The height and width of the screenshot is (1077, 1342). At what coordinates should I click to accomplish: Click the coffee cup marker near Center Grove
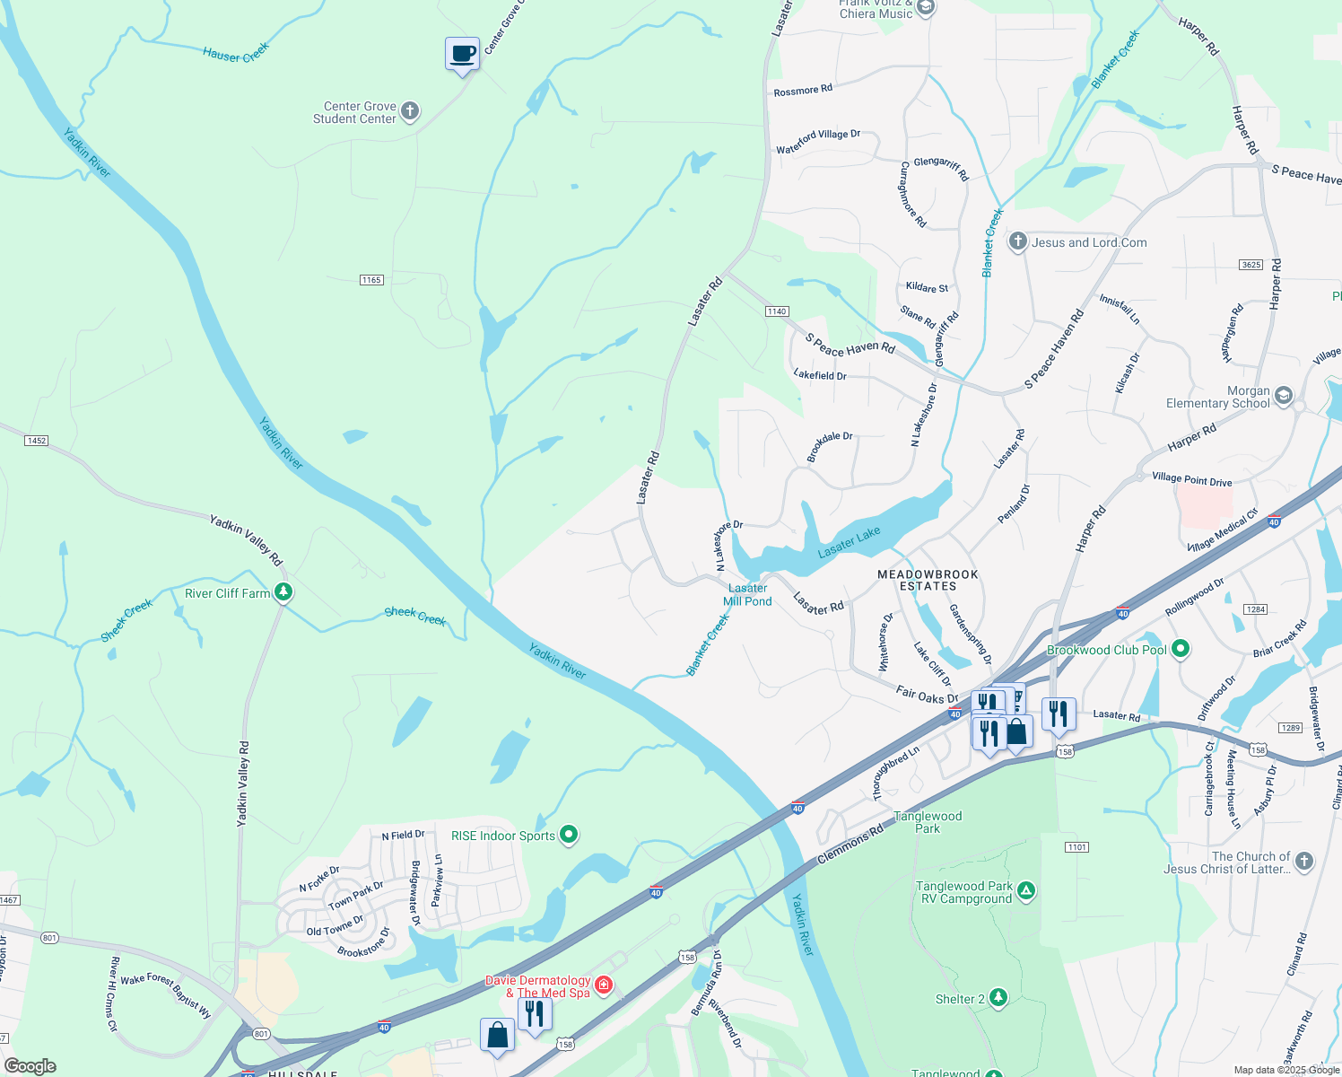pyautogui.click(x=463, y=54)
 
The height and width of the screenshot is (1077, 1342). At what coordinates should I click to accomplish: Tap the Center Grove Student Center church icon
pyautogui.click(x=410, y=111)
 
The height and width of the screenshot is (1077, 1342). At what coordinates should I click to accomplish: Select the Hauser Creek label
pyautogui.click(x=236, y=53)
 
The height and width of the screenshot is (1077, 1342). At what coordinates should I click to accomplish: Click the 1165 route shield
pyautogui.click(x=371, y=280)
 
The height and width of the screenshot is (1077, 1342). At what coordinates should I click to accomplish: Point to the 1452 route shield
pyautogui.click(x=36, y=441)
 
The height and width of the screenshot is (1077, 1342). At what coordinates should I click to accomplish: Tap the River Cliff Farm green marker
pyautogui.click(x=283, y=592)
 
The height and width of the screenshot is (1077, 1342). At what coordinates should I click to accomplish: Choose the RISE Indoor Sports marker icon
pyautogui.click(x=568, y=836)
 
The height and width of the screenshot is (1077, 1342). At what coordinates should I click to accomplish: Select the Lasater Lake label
pyautogui.click(x=849, y=542)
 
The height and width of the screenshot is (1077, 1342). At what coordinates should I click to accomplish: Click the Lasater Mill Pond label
pyautogui.click(x=747, y=595)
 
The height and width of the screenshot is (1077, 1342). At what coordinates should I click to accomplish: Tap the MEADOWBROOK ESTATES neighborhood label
pyautogui.click(x=928, y=580)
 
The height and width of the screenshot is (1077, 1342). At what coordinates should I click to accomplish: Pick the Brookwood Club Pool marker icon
pyautogui.click(x=1181, y=649)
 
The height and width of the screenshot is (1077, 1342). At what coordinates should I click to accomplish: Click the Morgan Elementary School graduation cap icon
pyautogui.click(x=1284, y=396)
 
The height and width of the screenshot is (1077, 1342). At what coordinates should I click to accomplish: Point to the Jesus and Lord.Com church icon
pyautogui.click(x=1017, y=241)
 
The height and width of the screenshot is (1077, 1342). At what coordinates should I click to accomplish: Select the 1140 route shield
pyautogui.click(x=777, y=311)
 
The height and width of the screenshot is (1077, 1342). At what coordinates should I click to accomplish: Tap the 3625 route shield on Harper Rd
pyautogui.click(x=1250, y=265)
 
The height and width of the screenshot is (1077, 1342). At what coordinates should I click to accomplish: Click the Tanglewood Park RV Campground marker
pyautogui.click(x=1026, y=891)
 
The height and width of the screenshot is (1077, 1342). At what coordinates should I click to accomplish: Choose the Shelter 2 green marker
pyautogui.click(x=998, y=998)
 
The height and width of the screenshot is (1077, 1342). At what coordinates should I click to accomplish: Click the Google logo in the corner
pyautogui.click(x=30, y=1065)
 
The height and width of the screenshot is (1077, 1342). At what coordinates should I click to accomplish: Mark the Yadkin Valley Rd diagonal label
pyautogui.click(x=246, y=539)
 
